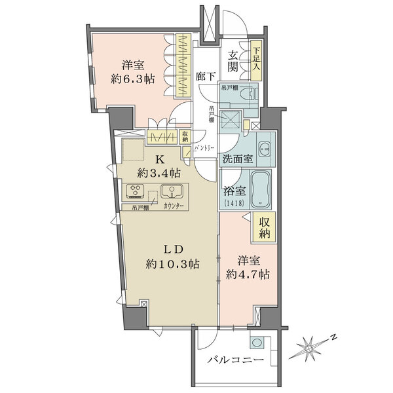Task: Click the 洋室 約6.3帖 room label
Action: [132, 73]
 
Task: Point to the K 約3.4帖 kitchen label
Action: [159, 166]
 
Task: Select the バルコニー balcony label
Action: [235, 361]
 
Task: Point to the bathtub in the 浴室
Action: [263, 190]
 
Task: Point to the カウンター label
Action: [174, 208]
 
